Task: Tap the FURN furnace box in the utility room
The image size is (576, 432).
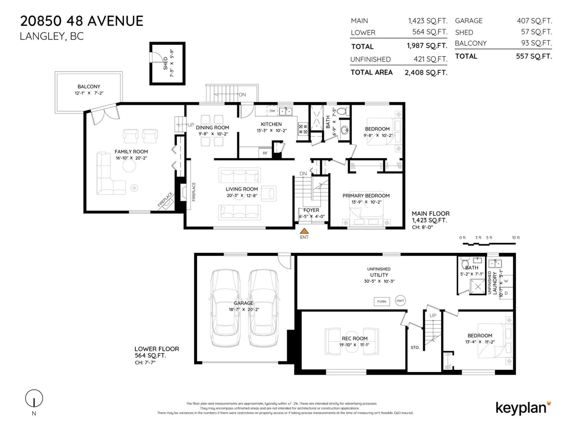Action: tap(382, 301)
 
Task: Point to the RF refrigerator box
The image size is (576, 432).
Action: tap(265, 153)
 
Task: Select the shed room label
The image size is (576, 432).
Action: tap(165, 64)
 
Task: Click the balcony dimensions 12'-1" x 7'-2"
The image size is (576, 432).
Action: tap(89, 93)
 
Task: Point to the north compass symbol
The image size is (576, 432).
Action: tap(34, 398)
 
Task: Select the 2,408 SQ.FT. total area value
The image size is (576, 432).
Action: tap(426, 73)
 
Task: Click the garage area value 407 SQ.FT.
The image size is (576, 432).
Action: tap(534, 21)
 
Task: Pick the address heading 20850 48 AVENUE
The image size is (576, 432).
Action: tap(82, 21)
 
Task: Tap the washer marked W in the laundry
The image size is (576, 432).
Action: tap(506, 281)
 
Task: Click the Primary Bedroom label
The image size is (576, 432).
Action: tap(366, 196)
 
